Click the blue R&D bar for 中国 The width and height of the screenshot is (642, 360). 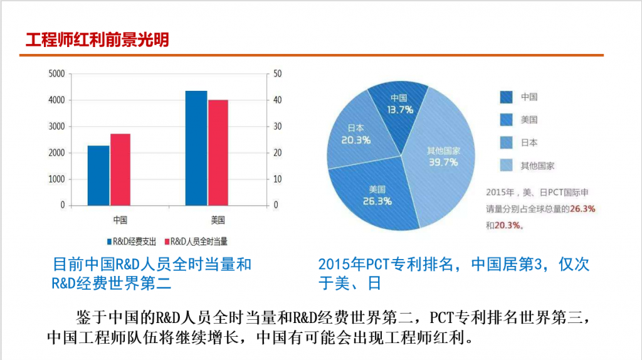(x=98, y=175)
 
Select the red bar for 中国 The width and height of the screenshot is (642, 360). (x=120, y=169)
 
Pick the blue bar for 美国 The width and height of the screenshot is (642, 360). (x=196, y=148)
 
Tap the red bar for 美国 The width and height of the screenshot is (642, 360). (x=218, y=153)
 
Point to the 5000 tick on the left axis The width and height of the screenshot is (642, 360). (x=56, y=74)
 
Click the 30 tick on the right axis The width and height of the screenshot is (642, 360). (x=278, y=127)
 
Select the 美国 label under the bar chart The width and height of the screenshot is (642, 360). (x=218, y=220)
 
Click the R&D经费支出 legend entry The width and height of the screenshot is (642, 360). (x=132, y=241)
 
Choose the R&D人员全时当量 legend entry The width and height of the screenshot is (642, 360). (x=196, y=241)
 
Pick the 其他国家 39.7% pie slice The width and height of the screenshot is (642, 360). (x=442, y=160)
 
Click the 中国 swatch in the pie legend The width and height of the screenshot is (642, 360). (x=507, y=97)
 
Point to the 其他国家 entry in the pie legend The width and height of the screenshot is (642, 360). (x=527, y=166)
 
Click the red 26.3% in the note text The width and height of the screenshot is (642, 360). (x=582, y=209)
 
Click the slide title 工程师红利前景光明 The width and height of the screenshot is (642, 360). (x=97, y=40)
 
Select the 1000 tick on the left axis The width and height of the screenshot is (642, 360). (x=56, y=179)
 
